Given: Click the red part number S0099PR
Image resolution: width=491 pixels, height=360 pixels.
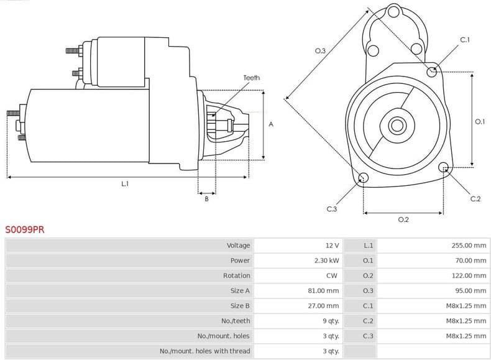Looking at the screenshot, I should click(x=25, y=229).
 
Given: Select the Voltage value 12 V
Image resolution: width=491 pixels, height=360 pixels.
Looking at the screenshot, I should click(x=331, y=246).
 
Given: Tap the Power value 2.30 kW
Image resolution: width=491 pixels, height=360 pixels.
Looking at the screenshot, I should click(x=326, y=261).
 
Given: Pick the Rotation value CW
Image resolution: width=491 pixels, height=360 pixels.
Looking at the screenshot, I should click(x=333, y=275).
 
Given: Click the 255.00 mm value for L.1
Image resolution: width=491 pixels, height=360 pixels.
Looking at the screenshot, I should click(x=469, y=246).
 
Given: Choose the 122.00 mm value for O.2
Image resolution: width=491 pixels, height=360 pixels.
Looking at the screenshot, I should click(x=469, y=275).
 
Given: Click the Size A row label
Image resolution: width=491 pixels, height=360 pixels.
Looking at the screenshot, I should click(x=240, y=290).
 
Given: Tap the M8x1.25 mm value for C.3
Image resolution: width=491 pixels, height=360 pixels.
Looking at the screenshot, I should click(x=466, y=336).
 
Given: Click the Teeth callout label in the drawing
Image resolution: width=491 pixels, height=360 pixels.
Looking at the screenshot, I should click(x=252, y=78).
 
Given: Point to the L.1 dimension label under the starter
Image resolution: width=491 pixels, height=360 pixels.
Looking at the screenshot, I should click(x=125, y=184).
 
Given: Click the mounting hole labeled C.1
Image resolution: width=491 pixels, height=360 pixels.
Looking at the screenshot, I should click(x=432, y=72).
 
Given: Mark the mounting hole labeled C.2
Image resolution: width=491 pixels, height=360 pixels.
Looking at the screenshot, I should click(x=444, y=167).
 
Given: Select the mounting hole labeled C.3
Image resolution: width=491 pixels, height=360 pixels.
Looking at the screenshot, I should click(x=364, y=179).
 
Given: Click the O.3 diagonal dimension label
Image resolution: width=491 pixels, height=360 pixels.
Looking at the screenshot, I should click(x=321, y=50).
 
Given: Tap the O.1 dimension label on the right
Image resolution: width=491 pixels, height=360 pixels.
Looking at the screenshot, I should click(x=479, y=122).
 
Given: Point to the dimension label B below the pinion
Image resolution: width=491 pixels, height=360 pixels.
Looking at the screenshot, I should click(x=207, y=198).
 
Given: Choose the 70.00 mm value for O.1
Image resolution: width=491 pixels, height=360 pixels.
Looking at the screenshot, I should click(x=470, y=261).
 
